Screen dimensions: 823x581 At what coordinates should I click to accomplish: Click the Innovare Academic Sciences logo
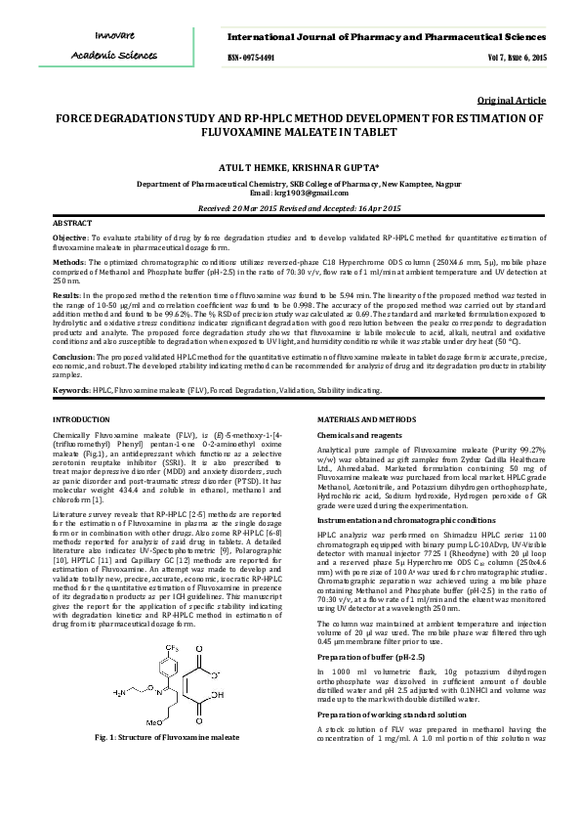coord(106,46)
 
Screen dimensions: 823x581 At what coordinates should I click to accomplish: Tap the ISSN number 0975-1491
coord(251,58)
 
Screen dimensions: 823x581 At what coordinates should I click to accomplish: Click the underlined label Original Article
coord(512,101)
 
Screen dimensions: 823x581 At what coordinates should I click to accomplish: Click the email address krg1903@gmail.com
coord(311,195)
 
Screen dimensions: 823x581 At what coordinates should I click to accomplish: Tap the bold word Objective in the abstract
coord(69,238)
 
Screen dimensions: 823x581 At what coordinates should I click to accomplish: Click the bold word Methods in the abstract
coord(67,263)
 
